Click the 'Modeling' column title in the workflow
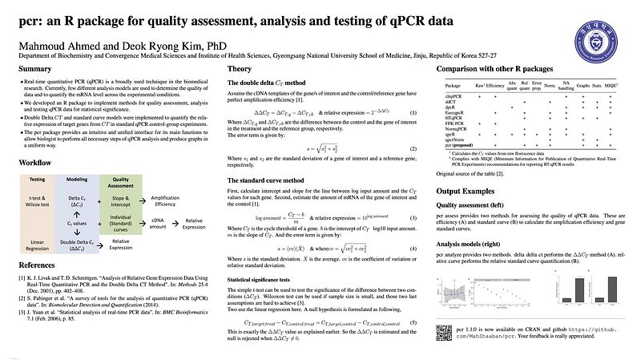pyautogui.click(x=76, y=179)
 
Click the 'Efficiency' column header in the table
pyautogui.click(x=494, y=83)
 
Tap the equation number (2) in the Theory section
pyautogui.click(x=412, y=149)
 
